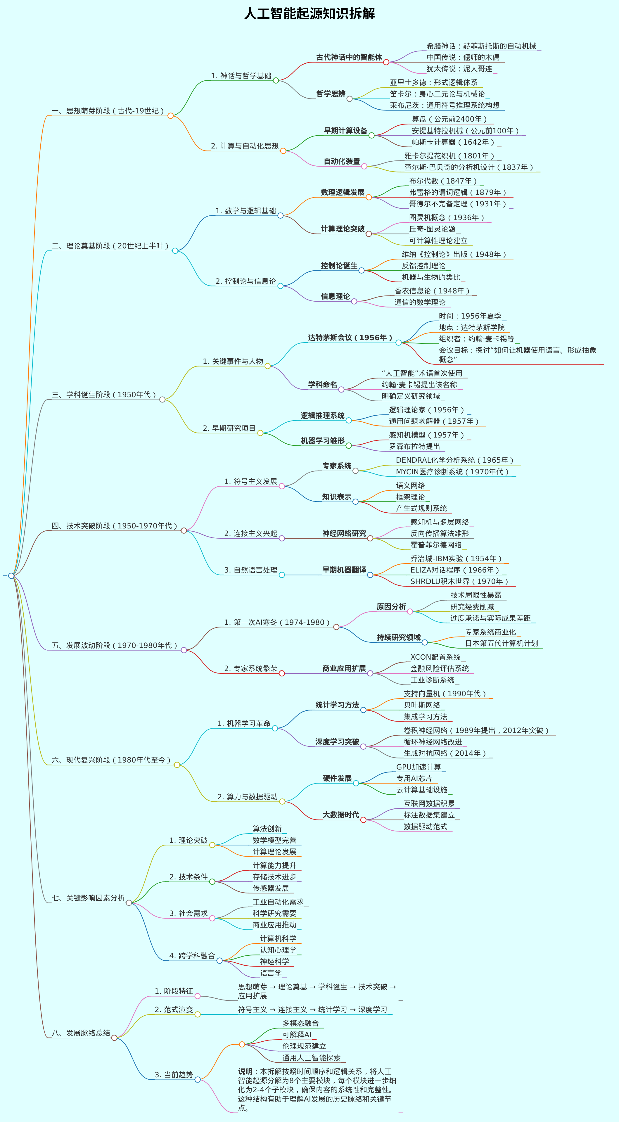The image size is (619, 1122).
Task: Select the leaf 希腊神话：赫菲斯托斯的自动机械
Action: pyautogui.click(x=481, y=46)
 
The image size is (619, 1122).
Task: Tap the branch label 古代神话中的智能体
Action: pyautogui.click(x=349, y=57)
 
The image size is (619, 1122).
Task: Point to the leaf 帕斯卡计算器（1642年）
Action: pyautogui.click(x=453, y=142)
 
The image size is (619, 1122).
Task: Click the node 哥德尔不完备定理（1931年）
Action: pyautogui.click(x=457, y=203)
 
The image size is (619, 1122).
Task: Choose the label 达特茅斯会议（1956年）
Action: pyautogui.click(x=350, y=338)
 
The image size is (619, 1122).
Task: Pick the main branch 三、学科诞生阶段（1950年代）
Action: pyautogui.click(x=104, y=395)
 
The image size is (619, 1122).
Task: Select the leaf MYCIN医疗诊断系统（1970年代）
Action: pyautogui.click(x=452, y=472)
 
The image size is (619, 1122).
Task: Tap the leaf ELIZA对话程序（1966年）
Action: pyautogui.click(x=455, y=570)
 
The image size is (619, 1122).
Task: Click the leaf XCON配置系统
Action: pyautogui.click(x=435, y=657)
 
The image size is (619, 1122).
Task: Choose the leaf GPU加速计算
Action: pyautogui.click(x=418, y=767)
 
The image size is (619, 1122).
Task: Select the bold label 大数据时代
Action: pyautogui.click(x=341, y=815)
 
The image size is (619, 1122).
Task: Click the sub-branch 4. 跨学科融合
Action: pyautogui.click(x=192, y=956)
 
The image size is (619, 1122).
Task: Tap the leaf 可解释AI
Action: pyautogui.click(x=297, y=1034)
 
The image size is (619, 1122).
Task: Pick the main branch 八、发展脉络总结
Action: pyautogui.click(x=81, y=1033)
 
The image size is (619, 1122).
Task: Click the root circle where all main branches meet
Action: pyautogui.click(x=11, y=576)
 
